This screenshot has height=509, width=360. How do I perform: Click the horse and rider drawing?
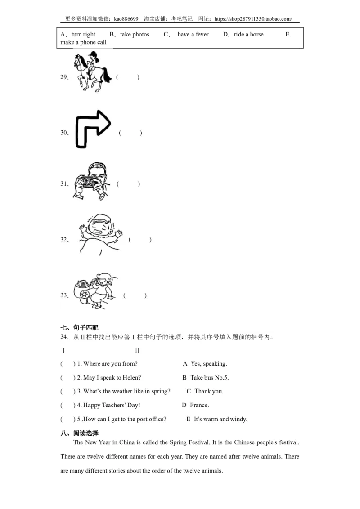tap(93, 71)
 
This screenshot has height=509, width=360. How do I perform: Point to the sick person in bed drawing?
tap(100, 234)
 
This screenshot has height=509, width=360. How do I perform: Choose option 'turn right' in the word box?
tap(83, 35)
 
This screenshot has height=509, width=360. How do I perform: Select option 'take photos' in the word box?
tap(135, 35)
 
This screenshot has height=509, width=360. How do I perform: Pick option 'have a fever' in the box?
tap(193, 35)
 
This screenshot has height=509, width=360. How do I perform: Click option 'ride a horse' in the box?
tap(248, 35)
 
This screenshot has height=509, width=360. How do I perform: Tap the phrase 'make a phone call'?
tap(84, 42)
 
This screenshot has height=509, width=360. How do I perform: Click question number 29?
tap(64, 77)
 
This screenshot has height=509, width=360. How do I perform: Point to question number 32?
tap(64, 240)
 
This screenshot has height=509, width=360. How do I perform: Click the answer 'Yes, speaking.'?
tap(209, 364)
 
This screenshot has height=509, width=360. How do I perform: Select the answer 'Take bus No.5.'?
tap(210, 378)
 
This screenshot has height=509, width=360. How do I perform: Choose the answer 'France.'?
tap(199, 405)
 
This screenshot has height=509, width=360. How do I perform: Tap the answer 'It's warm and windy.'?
tap(220, 419)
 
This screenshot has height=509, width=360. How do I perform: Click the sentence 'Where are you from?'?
tap(110, 364)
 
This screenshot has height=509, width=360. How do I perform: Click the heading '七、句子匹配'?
tap(79, 327)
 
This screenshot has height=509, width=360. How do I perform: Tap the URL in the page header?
tap(253, 19)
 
